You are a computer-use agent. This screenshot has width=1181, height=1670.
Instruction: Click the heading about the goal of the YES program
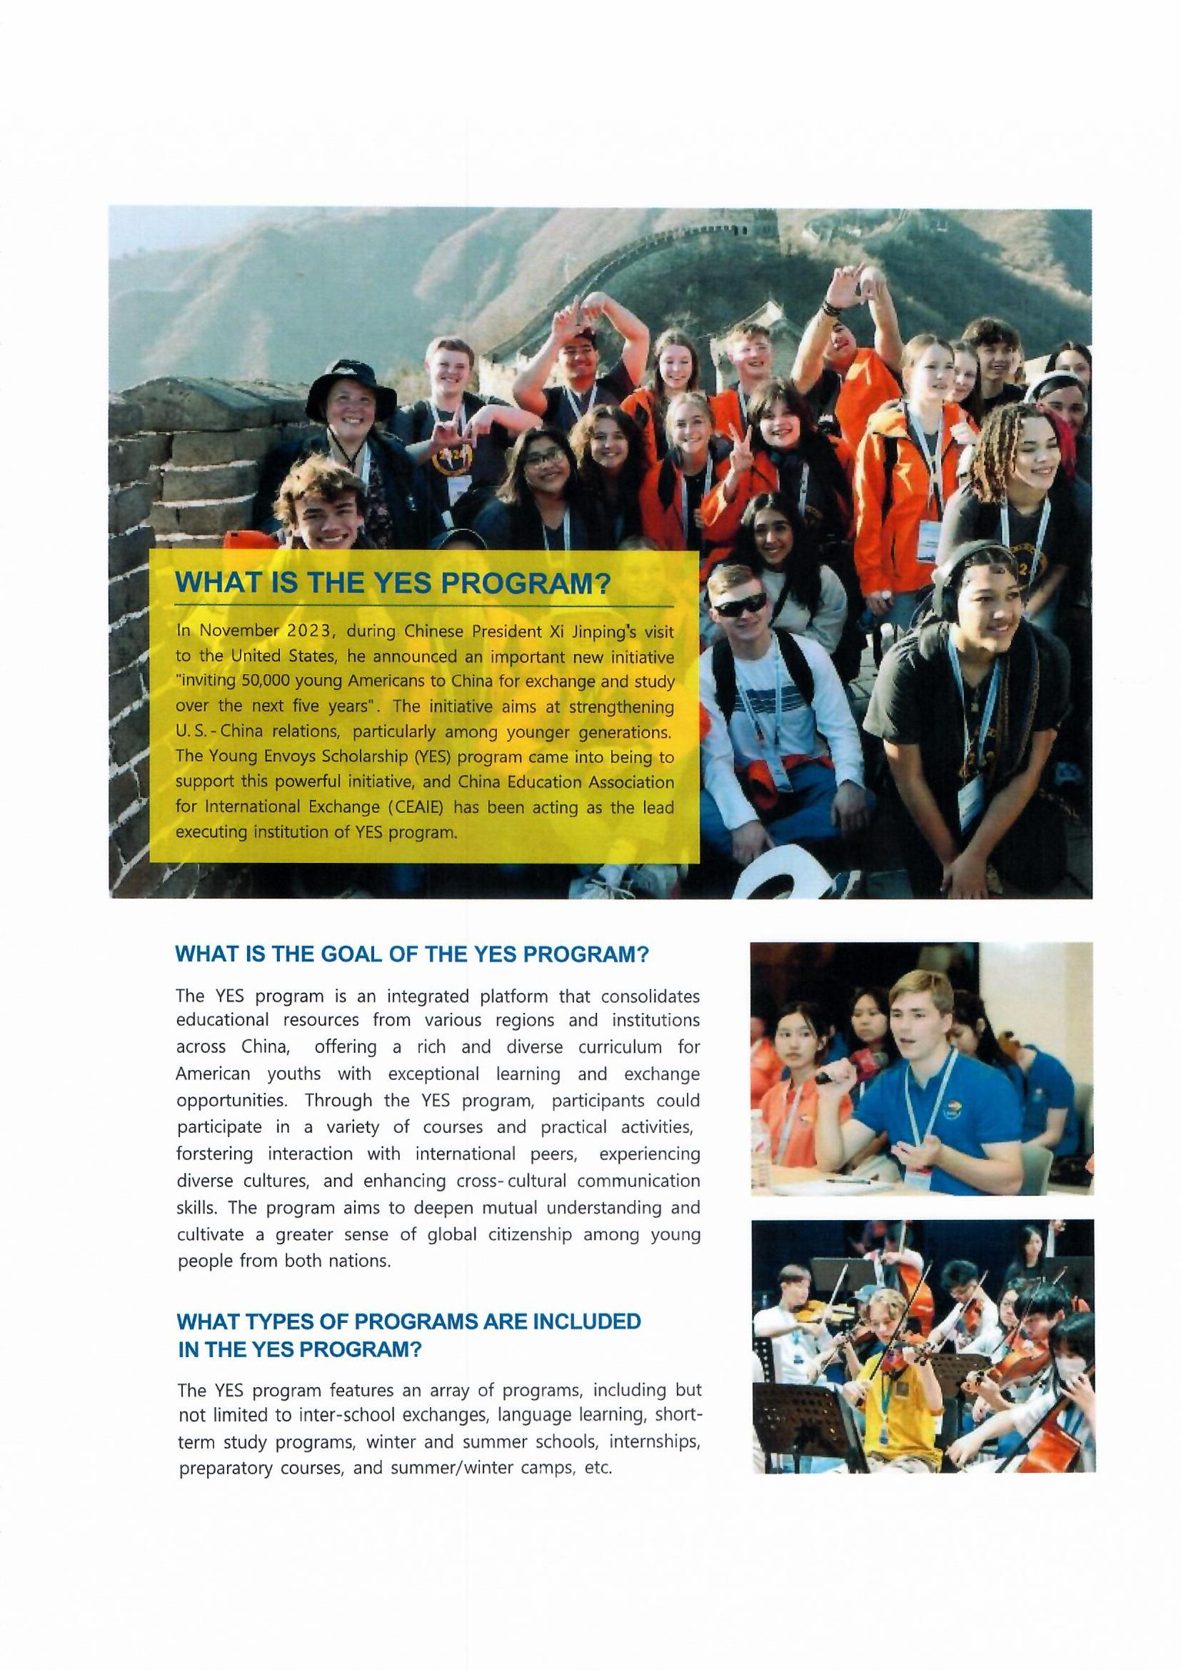click(411, 954)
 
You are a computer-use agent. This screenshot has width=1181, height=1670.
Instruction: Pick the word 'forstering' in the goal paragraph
click(215, 1154)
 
